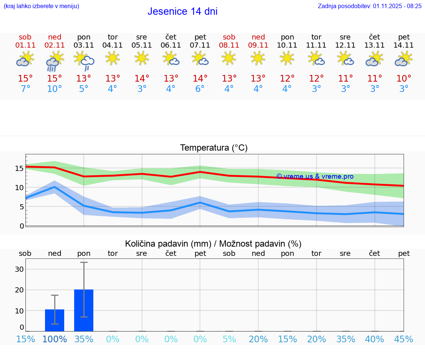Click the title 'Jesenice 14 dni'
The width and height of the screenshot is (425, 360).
(x=182, y=11)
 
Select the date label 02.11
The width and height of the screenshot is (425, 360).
(x=55, y=45)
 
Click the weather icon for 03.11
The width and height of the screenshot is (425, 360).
(x=84, y=61)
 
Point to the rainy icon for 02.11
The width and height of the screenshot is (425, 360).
(x=55, y=61)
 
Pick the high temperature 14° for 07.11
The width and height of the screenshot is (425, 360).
(x=200, y=78)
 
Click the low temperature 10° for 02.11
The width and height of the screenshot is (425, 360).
(x=55, y=89)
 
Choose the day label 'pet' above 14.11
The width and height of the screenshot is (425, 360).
(x=404, y=37)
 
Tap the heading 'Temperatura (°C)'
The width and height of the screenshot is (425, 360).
(x=214, y=148)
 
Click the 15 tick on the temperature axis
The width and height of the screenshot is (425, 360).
(x=19, y=168)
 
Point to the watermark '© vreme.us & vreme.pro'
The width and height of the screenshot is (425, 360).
(x=315, y=176)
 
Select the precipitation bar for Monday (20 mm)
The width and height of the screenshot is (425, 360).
(x=84, y=310)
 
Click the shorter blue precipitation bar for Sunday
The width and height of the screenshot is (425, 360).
(x=55, y=320)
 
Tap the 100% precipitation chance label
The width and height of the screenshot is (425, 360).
(x=55, y=339)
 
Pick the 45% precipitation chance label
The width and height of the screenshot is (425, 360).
(x=404, y=339)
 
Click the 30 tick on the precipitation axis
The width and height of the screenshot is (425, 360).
(x=19, y=269)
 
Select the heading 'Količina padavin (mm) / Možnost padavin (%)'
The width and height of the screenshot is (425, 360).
(x=213, y=244)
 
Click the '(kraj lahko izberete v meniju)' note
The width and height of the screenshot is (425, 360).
(x=41, y=6)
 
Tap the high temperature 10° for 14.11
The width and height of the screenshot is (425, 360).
(x=404, y=78)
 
